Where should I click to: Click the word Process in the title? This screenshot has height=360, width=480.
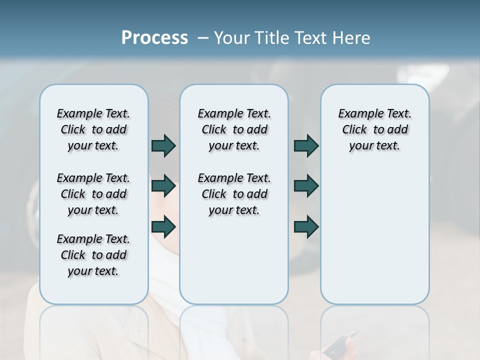coord(154,37)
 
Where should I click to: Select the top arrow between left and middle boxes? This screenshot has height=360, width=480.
coord(163,146)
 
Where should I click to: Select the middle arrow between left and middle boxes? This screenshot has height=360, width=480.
coord(163,186)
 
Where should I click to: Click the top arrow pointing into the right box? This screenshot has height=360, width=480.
coord(306,146)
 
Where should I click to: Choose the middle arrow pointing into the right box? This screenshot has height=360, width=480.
coord(306,186)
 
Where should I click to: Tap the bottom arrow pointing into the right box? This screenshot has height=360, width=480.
coord(306,227)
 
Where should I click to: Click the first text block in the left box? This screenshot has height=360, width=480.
coord(93,129)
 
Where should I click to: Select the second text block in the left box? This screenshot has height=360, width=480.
coord(93,194)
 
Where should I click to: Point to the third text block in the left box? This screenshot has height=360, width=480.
coord(93,255)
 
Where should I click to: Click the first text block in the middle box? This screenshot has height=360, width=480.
coord(234,129)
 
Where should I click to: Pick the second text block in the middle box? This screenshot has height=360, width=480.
coord(234,194)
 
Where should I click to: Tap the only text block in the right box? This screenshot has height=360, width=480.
coord(374,129)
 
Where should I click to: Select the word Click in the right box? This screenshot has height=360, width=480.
coord(354,129)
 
